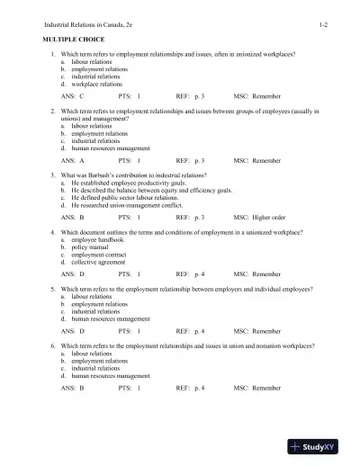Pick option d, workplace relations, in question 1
click(100, 83)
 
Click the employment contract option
click(101, 255)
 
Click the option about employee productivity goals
click(137, 183)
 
